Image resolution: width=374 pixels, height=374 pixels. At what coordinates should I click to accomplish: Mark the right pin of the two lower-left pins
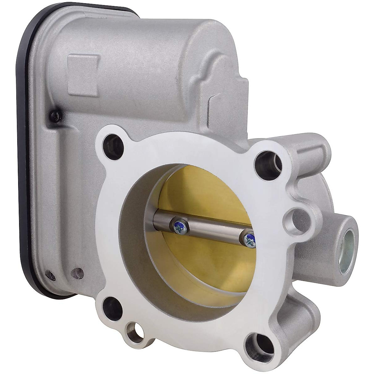77,273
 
